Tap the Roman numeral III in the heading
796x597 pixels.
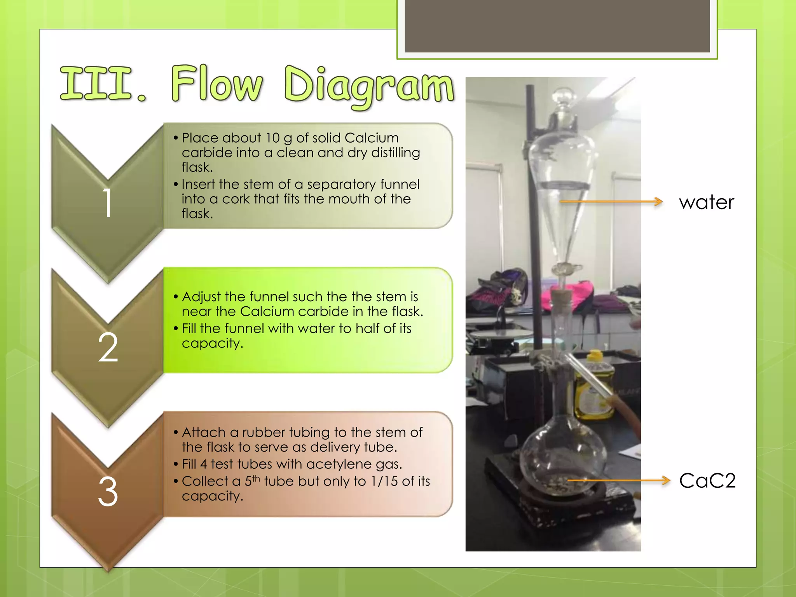click(x=97, y=84)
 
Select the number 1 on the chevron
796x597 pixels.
click(x=108, y=203)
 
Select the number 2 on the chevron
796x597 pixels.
click(x=108, y=347)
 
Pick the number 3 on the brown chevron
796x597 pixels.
click(x=108, y=492)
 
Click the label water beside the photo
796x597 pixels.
click(x=706, y=202)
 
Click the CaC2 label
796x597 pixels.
click(x=707, y=481)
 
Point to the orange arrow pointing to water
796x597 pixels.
click(x=611, y=201)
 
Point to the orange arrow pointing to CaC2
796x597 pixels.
click(x=618, y=481)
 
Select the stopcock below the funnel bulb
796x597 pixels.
click(x=564, y=268)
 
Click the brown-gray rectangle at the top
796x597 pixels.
click(x=557, y=25)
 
